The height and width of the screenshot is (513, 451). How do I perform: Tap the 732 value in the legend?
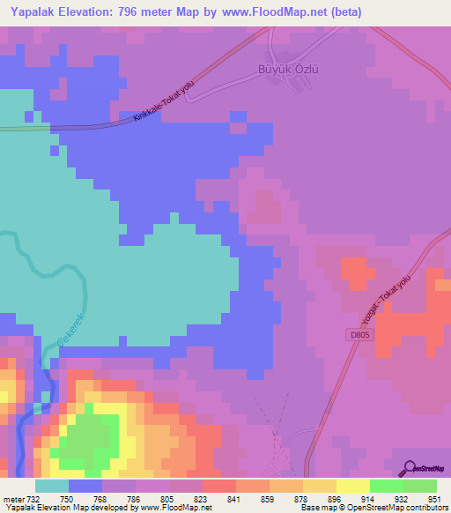(33, 500)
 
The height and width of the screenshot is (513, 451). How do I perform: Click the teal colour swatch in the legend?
(51, 486)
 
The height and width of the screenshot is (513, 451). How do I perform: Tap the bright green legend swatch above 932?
(386, 486)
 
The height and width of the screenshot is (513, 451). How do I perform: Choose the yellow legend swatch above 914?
(352, 486)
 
